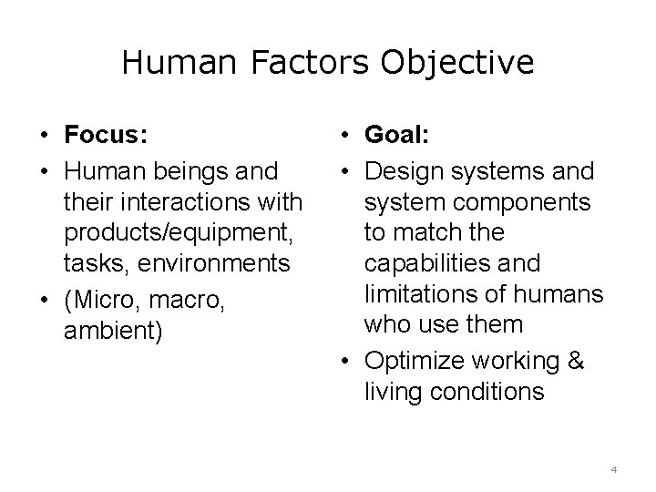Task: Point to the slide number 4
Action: coord(614,469)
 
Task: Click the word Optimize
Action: coord(411,360)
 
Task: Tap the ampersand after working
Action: coord(575,360)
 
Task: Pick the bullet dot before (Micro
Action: coord(43,299)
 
